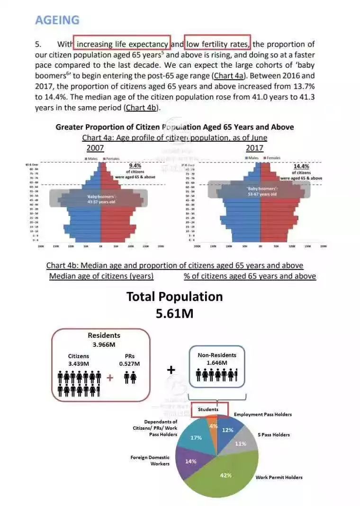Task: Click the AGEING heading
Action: click(57, 20)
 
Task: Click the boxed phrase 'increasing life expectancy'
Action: click(122, 45)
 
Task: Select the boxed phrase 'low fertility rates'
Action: click(217, 45)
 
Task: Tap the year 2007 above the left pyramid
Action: click(95, 148)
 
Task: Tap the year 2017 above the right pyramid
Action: click(254, 148)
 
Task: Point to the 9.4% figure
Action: click(135, 166)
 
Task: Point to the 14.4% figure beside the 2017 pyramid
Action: click(301, 167)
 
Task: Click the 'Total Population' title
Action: click(174, 297)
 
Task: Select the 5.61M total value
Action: click(174, 314)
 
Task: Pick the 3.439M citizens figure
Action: click(79, 364)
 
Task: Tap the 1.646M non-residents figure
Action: click(216, 363)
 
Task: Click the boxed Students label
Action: click(208, 409)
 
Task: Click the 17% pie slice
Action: click(196, 438)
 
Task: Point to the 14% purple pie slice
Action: click(190, 461)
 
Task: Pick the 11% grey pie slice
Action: click(241, 443)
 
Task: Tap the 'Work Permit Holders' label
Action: click(279, 477)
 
